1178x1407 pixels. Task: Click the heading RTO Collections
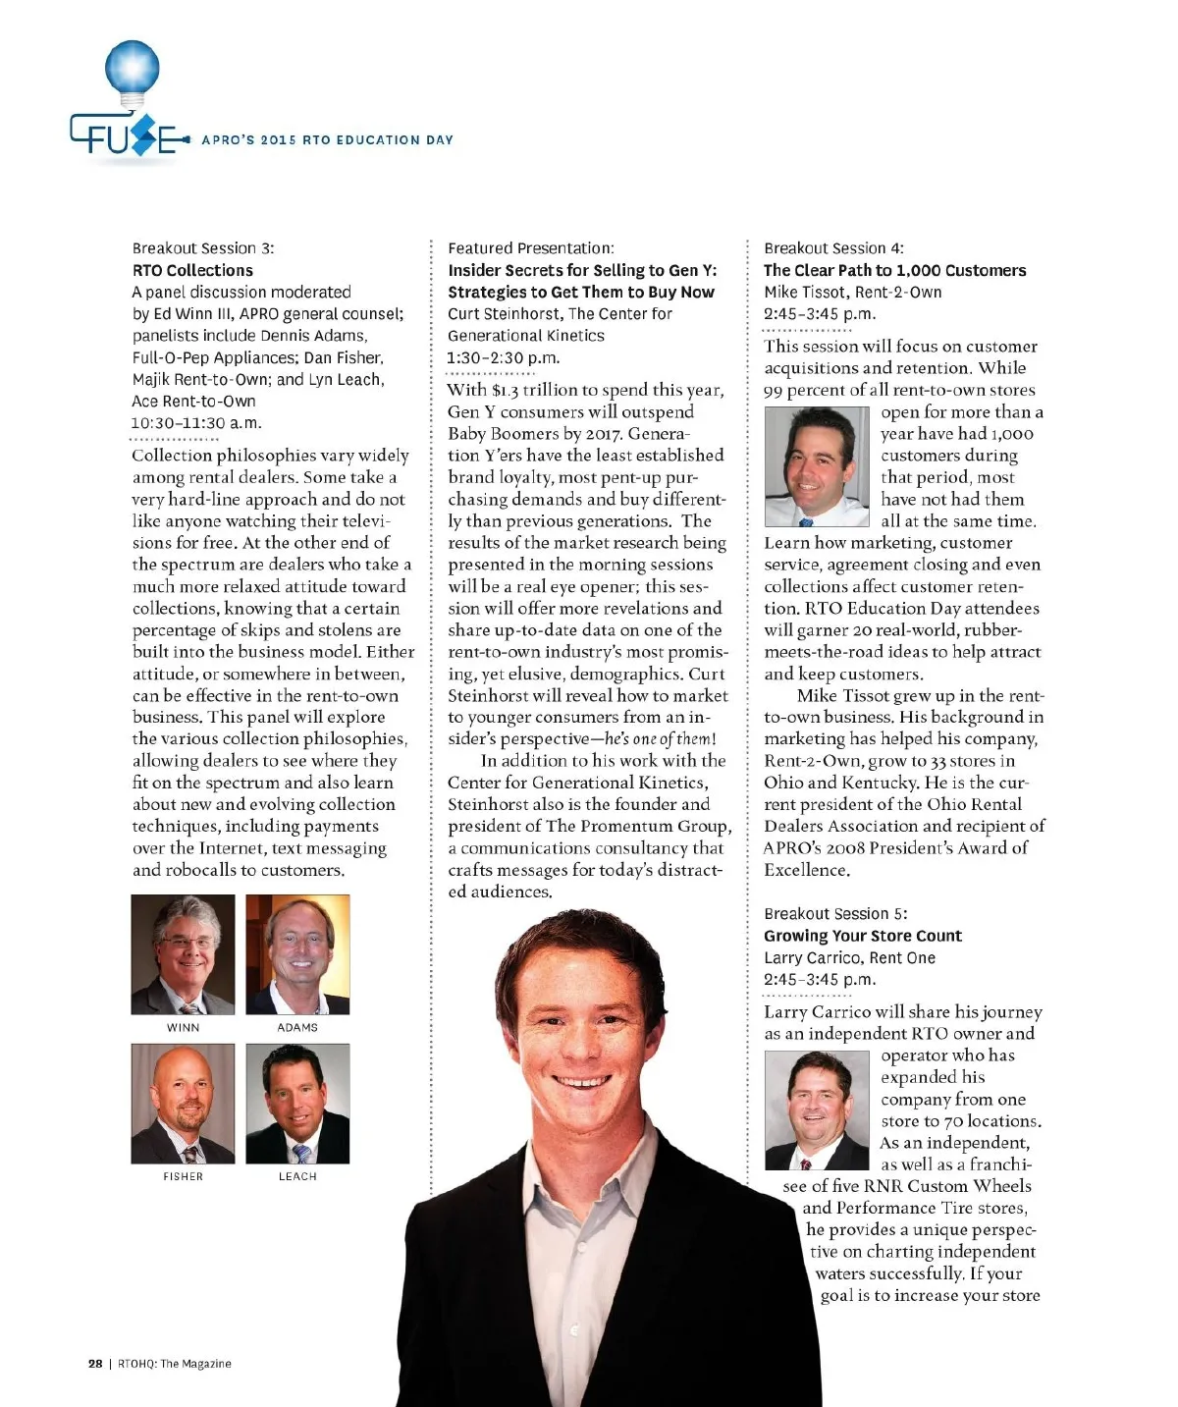coord(192,270)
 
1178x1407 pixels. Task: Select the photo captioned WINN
coord(184,954)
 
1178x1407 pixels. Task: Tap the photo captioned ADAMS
coord(297,954)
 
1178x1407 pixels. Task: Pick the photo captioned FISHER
coord(184,1104)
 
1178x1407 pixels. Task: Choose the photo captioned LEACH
coord(297,1104)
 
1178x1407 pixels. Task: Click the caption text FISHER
coord(184,1176)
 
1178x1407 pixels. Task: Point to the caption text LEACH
coord(297,1176)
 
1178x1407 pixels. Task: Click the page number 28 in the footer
coord(95,1363)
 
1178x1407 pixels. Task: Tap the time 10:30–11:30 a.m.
coord(196,423)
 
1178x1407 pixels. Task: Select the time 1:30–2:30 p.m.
coord(504,357)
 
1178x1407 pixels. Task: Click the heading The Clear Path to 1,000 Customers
coord(894,270)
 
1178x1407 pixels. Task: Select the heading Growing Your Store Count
coord(862,936)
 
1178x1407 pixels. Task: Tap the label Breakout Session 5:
coord(835,913)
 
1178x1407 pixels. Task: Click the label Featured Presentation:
coord(531,248)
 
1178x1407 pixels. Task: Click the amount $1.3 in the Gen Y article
coord(505,391)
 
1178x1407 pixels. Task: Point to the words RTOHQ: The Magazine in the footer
coord(175,1363)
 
